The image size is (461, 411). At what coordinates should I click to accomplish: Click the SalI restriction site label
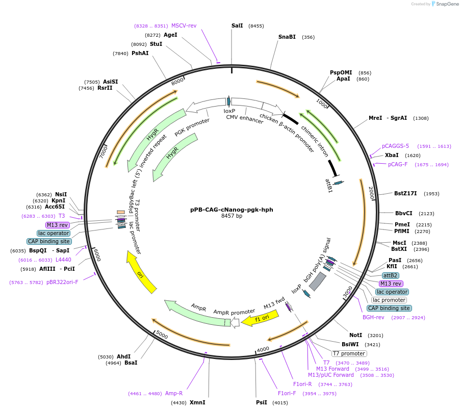[237, 25]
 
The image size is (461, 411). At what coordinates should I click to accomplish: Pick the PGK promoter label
[192, 127]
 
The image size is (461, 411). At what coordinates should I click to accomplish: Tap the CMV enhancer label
[245, 119]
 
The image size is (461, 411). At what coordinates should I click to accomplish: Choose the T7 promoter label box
[349, 353]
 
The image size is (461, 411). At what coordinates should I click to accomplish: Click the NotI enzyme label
[355, 335]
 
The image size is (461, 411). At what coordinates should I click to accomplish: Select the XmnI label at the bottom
[197, 402]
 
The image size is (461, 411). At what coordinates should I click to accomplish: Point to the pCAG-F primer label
[398, 164]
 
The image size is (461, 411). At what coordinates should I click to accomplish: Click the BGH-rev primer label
[373, 317]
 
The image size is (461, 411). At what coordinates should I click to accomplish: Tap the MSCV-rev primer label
[184, 25]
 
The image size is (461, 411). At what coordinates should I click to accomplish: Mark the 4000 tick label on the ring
[263, 349]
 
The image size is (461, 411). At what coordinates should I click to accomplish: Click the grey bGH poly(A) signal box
[318, 281]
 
